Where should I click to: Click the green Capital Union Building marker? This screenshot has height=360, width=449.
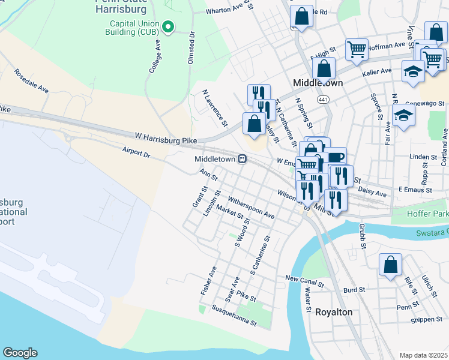point(169,26)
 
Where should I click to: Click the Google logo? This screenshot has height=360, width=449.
point(20,353)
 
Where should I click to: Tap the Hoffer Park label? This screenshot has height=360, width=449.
point(424,213)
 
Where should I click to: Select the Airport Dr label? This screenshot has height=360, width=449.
point(135,153)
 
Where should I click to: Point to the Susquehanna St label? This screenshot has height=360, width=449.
point(234,316)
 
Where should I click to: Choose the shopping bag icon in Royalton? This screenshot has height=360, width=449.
point(390,265)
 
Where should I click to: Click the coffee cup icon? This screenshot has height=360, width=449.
point(336,158)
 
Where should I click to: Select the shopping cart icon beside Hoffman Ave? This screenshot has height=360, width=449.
point(357,50)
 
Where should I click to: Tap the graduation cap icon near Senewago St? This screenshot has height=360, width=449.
point(404,116)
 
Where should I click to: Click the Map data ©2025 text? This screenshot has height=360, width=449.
point(423,355)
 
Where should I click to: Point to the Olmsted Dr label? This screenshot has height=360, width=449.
point(191,47)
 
